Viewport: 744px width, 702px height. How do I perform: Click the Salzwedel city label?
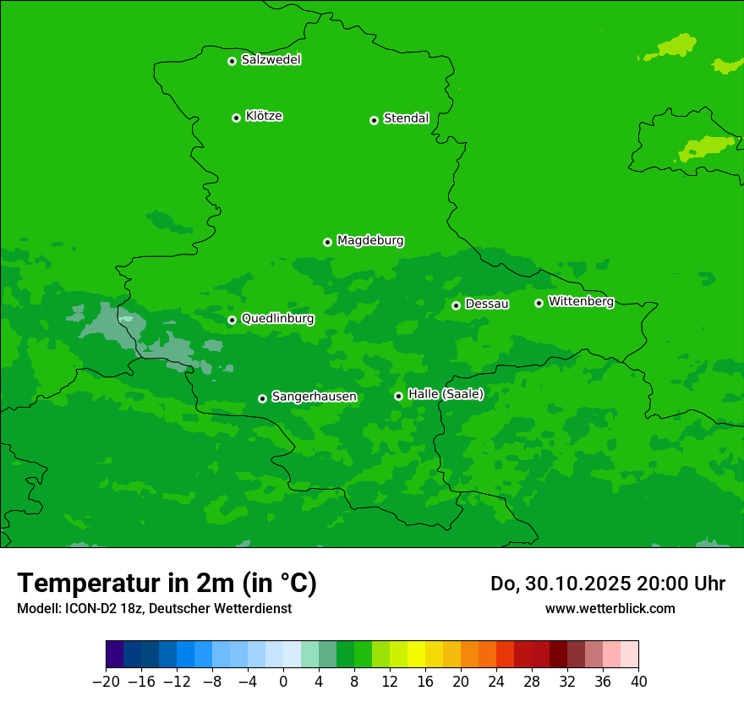[x=271, y=60]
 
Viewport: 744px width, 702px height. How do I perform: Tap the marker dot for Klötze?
[x=236, y=118]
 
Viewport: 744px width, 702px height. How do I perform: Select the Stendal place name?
[x=406, y=118]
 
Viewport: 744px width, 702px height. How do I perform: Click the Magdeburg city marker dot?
[x=327, y=242]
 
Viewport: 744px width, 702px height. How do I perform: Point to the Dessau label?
[x=487, y=304]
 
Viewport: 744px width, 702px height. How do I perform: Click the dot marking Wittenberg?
[x=539, y=303]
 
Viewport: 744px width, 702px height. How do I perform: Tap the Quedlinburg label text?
[x=277, y=319]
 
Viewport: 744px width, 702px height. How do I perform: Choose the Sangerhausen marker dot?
[x=262, y=398]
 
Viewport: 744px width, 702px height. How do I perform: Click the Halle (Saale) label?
[x=446, y=394]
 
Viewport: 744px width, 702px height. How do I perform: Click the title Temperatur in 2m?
[x=167, y=583]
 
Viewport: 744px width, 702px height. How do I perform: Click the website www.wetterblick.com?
[x=610, y=608]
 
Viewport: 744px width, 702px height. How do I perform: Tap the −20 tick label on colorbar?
[x=106, y=682]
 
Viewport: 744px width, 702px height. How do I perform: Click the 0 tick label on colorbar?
[x=283, y=682]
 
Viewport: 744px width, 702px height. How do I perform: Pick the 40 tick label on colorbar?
[x=638, y=682]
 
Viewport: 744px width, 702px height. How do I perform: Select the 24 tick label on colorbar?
[x=496, y=682]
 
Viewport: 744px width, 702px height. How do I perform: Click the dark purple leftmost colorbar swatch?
[x=115, y=655]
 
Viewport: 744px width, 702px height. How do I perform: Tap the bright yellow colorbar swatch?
[x=416, y=655]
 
